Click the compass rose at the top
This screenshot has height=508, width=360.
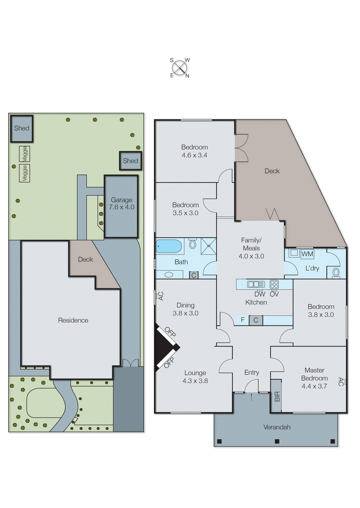tap(180, 68)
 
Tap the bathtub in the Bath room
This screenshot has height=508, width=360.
tap(169, 246)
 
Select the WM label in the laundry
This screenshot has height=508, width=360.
tap(307, 254)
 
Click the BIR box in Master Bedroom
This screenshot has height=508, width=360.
tap(276, 396)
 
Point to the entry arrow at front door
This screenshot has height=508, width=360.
tap(252, 397)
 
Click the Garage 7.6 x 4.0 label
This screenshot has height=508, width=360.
tap(121, 204)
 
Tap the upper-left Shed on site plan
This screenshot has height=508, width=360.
tap(22, 128)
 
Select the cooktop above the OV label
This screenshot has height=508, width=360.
tap(274, 284)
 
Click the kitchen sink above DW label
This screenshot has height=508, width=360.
tap(256, 284)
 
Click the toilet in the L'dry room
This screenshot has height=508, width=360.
tap(336, 272)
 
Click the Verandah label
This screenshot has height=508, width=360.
tap(277, 427)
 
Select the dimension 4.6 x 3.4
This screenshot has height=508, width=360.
tap(194, 155)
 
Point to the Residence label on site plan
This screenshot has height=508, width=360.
tap(73, 320)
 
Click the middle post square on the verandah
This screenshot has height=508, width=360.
tap(277, 441)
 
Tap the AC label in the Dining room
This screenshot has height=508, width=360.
tap(160, 296)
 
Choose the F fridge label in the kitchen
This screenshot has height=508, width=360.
tap(243, 320)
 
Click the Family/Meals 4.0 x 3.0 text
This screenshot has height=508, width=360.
tap(251, 248)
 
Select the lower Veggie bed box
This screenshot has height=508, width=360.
tap(25, 173)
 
